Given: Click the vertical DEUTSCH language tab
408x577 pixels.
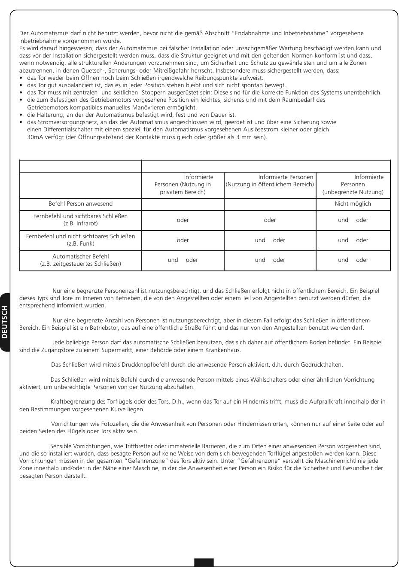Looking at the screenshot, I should click(x=5, y=322).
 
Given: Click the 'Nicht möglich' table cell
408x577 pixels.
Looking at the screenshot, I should click(x=353, y=204).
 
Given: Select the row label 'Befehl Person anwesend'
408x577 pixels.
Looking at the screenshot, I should click(x=80, y=204).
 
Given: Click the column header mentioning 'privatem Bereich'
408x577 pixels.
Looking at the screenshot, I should click(x=183, y=185).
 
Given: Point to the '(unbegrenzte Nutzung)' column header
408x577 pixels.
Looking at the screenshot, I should click(x=353, y=192).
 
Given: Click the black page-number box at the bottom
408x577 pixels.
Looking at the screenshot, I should click(x=204, y=562).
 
